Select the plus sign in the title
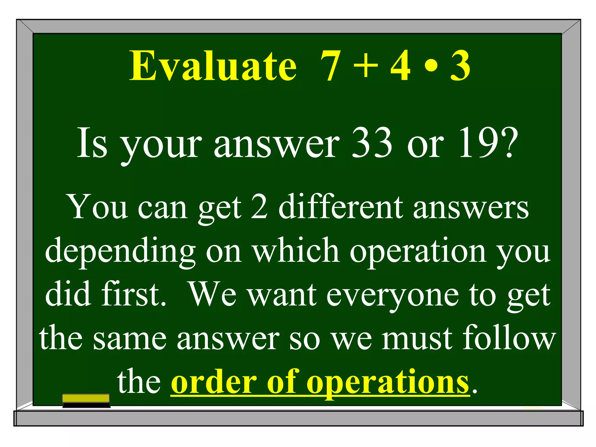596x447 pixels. click(366, 66)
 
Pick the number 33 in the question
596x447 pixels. click(372, 143)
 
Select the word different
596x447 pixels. click(341, 207)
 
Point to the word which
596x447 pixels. click(295, 250)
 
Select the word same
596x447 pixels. click(130, 338)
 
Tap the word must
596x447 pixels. click(417, 338)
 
